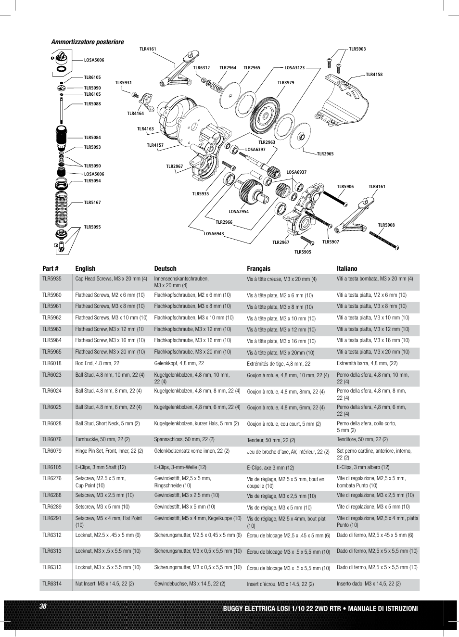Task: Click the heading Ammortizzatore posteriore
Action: (x=87, y=42)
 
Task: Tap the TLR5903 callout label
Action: (x=357, y=49)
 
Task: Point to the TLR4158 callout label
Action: (x=374, y=75)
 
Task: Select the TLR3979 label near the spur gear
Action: (x=285, y=83)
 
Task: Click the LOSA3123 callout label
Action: (x=294, y=68)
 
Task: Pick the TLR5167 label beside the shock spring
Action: (x=92, y=203)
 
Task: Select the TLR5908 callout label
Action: (x=386, y=225)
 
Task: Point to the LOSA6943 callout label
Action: (x=214, y=234)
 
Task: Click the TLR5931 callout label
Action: (x=123, y=83)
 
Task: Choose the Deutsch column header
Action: (x=165, y=269)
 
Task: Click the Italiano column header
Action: (x=347, y=269)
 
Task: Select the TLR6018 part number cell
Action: (x=52, y=364)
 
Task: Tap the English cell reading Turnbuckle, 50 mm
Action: (x=102, y=440)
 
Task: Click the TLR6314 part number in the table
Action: (x=52, y=584)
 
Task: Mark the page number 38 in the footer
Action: (x=43, y=607)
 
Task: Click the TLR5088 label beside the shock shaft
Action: (x=92, y=104)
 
